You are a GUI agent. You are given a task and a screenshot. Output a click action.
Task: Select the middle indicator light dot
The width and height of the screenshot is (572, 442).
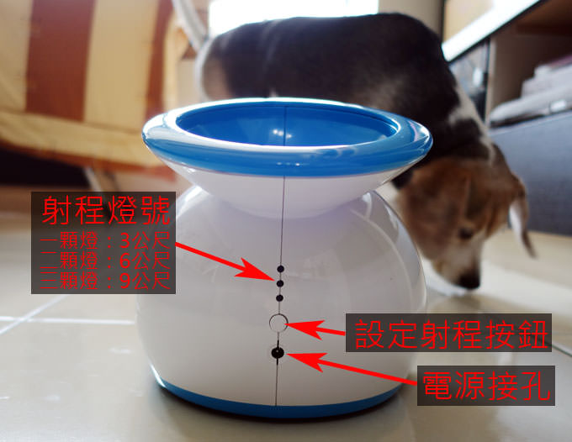[280, 283]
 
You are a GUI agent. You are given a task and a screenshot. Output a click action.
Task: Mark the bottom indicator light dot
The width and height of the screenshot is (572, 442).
[280, 297]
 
